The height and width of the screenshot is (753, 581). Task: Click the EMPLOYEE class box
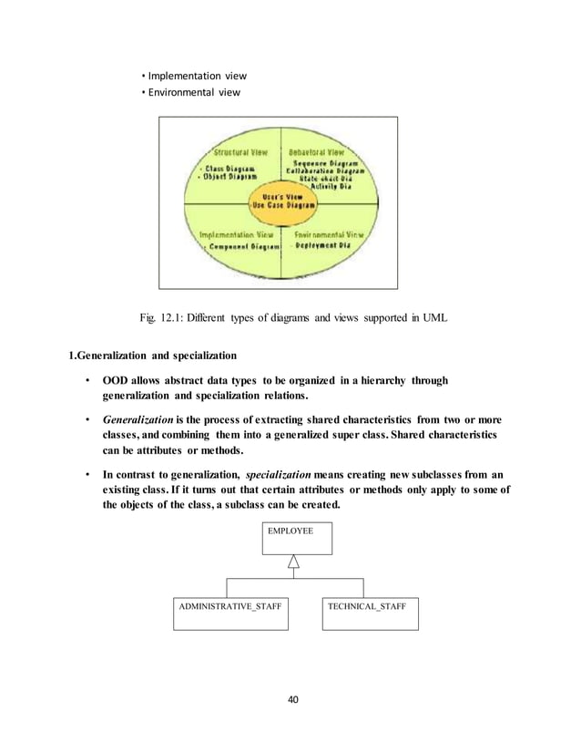tap(297, 539)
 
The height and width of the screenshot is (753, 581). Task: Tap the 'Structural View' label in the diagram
tap(234, 153)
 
